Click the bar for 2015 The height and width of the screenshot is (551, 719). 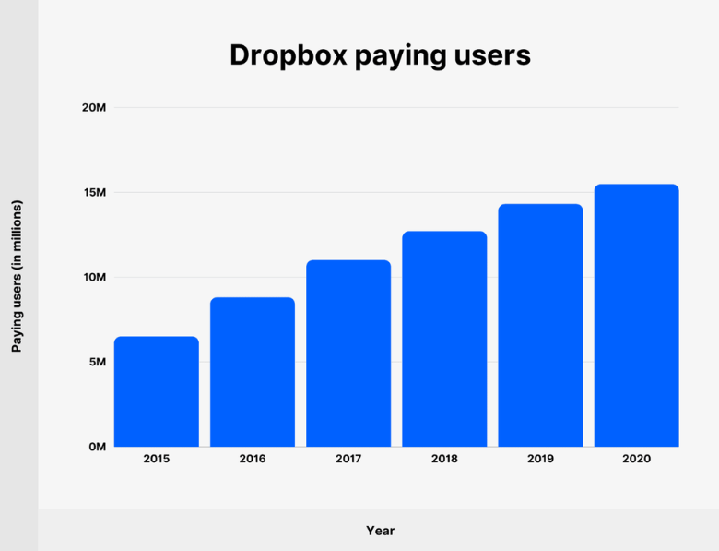[x=157, y=391]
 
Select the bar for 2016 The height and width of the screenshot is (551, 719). [x=253, y=372]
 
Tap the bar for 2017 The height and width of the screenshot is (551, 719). [x=348, y=353]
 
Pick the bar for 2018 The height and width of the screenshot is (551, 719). [x=444, y=339]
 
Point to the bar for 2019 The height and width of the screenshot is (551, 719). [x=540, y=325]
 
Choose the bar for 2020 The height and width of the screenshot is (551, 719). [x=636, y=316]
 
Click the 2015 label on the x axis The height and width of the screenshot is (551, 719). [x=157, y=459]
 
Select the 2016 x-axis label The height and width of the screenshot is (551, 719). [x=253, y=459]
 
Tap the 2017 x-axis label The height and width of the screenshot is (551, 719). [x=348, y=459]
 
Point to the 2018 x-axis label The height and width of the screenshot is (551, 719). [x=444, y=459]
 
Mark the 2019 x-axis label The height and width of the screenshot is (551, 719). [x=540, y=459]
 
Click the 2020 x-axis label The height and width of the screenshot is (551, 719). [x=636, y=459]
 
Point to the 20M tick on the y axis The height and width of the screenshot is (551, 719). [x=94, y=108]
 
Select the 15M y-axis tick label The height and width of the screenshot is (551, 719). [x=94, y=193]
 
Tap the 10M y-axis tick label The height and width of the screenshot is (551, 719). [x=94, y=277]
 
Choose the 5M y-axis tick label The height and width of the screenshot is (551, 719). [x=97, y=362]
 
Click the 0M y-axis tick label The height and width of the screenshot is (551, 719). [x=97, y=447]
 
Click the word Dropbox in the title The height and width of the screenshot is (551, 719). [x=286, y=55]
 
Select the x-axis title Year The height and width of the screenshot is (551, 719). [x=380, y=531]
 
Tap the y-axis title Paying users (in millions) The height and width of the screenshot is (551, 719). [x=17, y=276]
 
